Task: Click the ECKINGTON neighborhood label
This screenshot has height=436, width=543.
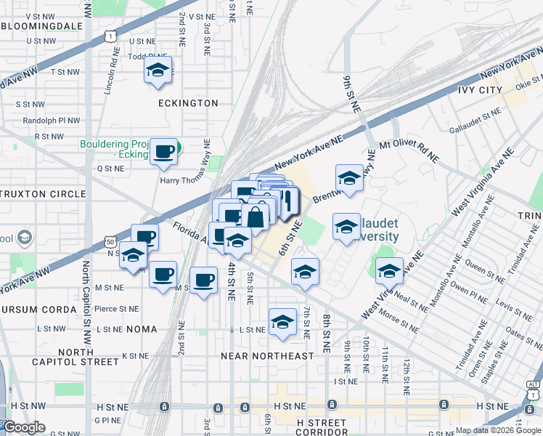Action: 188,103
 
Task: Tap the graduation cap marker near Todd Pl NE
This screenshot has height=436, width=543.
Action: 157,71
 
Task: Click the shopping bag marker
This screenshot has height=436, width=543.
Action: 256,217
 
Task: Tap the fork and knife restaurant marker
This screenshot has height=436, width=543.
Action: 286,201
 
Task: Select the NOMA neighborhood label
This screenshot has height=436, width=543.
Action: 141,329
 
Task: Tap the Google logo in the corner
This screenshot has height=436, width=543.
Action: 24,427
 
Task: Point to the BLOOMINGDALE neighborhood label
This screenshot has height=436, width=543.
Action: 42,25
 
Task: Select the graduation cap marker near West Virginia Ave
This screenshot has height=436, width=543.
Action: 389,270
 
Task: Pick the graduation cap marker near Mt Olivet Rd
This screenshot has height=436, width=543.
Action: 348,178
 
